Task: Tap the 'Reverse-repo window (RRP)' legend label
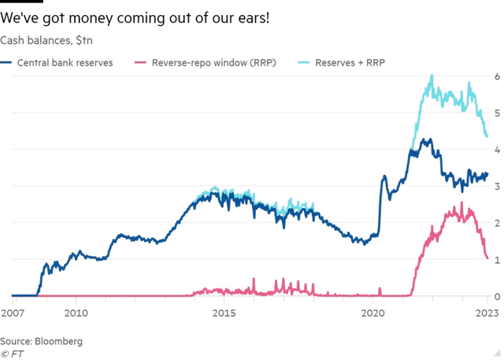pyautogui.click(x=213, y=61)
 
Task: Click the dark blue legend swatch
pyautogui.click(x=6, y=61)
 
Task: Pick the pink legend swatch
pyautogui.click(x=141, y=61)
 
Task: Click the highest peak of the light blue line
pyautogui.click(x=432, y=75)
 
